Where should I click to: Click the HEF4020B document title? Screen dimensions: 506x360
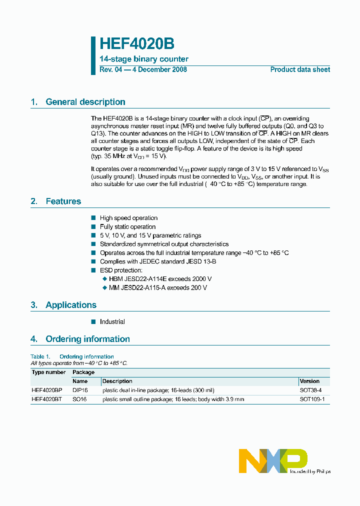click(x=137, y=44)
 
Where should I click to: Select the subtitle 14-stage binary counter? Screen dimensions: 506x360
click(x=144, y=59)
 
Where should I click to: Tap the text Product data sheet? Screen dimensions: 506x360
click(x=300, y=69)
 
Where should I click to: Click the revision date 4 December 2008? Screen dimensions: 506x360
click(x=159, y=69)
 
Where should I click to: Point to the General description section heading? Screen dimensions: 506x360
click(x=85, y=102)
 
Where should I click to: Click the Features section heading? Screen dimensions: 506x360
click(x=63, y=201)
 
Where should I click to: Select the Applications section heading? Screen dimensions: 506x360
click(x=70, y=305)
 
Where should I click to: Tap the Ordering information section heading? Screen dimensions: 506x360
click(x=87, y=339)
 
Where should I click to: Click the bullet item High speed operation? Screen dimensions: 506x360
click(x=128, y=218)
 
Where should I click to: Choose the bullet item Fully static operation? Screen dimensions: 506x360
click(x=127, y=227)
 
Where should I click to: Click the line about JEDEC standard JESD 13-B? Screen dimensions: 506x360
click(x=157, y=261)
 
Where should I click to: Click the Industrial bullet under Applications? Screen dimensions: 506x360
click(x=112, y=322)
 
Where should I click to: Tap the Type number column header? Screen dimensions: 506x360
click(x=48, y=372)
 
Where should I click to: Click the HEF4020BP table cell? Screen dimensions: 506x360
click(x=47, y=390)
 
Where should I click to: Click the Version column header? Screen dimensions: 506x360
click(x=309, y=381)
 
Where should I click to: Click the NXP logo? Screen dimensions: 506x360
click(x=273, y=460)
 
